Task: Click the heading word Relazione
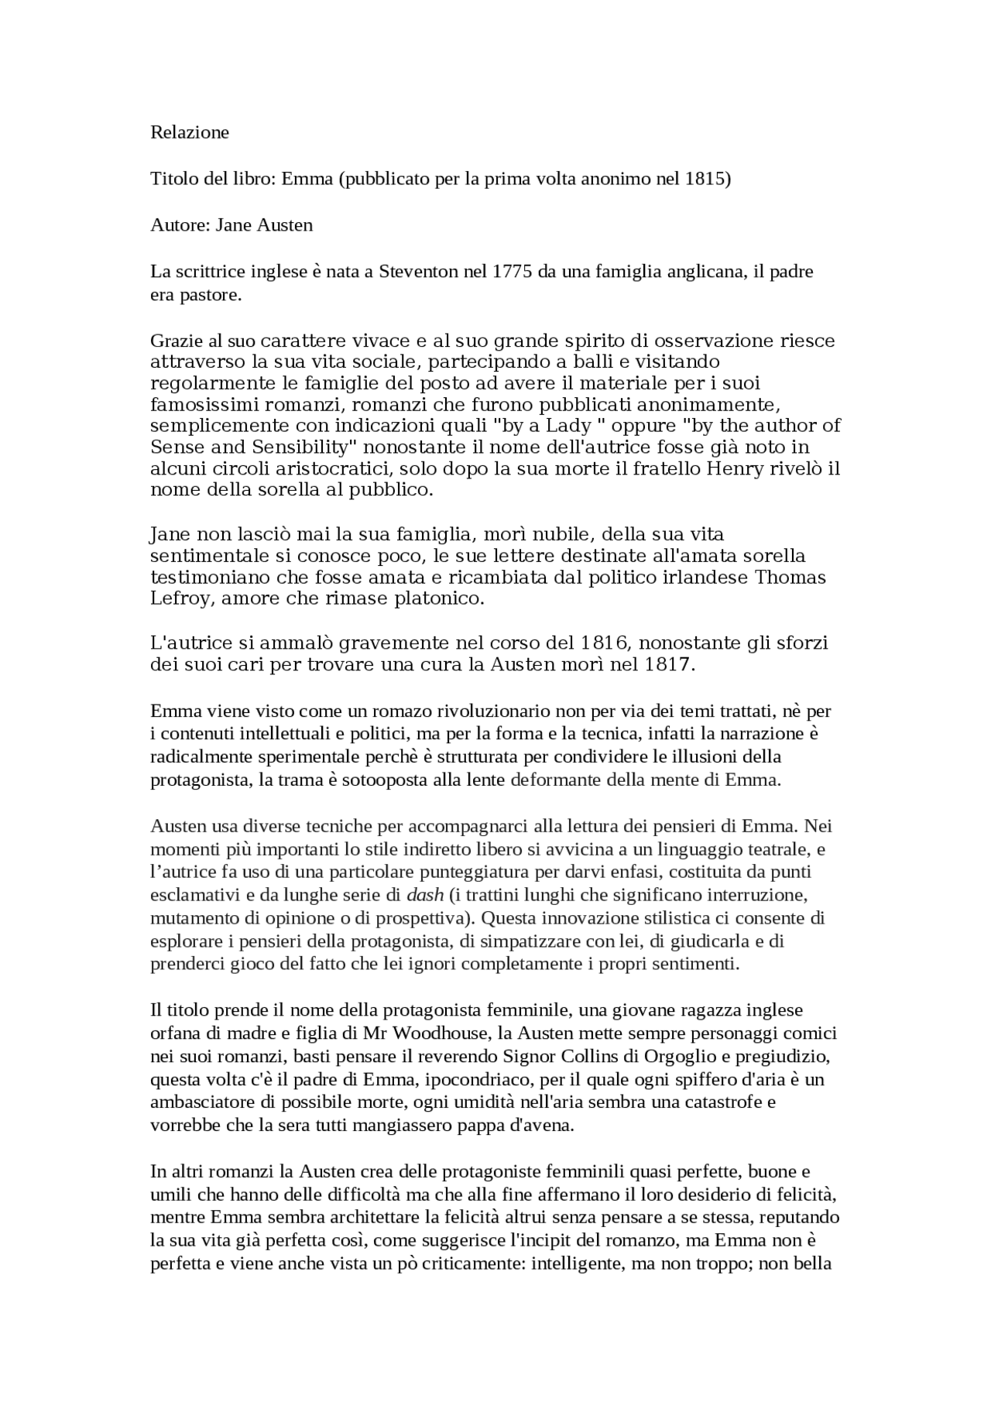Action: point(190,132)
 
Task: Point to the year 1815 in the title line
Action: point(705,179)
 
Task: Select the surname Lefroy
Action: point(175,599)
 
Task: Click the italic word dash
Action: point(425,896)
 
